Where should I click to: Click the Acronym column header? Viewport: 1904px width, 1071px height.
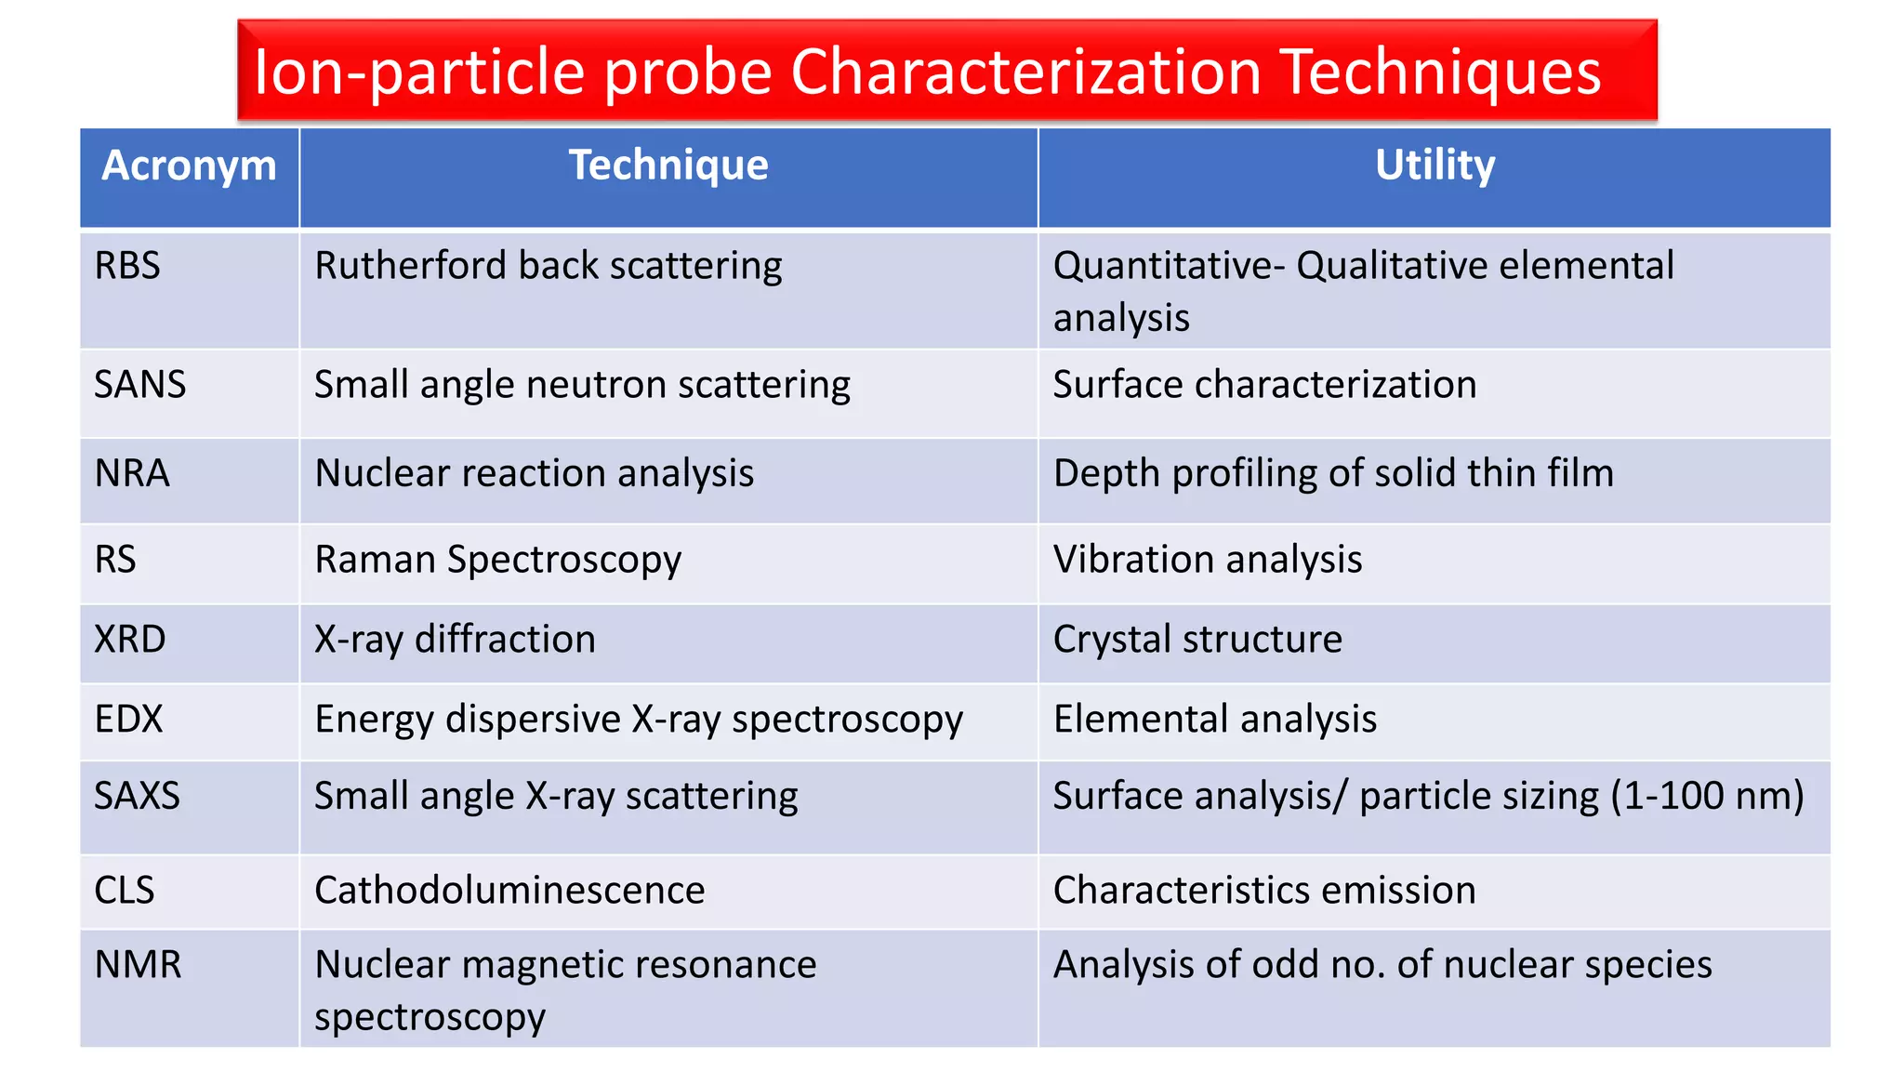[x=189, y=165]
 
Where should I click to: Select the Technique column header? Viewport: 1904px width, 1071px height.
[x=668, y=165]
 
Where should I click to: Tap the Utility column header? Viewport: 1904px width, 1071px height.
[x=1435, y=165]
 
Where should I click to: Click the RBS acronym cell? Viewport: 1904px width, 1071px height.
[x=127, y=266]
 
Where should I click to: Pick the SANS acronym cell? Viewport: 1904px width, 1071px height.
[x=140, y=385]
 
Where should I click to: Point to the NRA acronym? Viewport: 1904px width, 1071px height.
[x=132, y=473]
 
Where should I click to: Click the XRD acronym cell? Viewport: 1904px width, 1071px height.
[x=130, y=640]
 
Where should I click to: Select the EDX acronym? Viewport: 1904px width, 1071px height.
[x=128, y=720]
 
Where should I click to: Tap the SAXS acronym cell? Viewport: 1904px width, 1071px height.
[x=137, y=797]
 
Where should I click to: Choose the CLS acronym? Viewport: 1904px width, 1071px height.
[x=125, y=891]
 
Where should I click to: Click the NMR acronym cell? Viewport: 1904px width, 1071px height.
[x=138, y=965]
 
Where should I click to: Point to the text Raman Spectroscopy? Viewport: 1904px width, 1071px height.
[x=497, y=561]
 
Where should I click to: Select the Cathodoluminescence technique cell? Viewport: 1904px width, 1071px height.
[x=509, y=891]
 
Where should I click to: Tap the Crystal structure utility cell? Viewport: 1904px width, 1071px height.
[x=1197, y=640]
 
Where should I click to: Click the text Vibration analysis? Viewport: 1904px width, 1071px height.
[x=1208, y=560]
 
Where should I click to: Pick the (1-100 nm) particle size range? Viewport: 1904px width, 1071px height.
[x=1707, y=797]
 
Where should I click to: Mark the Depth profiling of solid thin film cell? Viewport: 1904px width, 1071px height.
[x=1333, y=473]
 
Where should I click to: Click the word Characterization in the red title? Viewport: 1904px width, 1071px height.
[x=1025, y=72]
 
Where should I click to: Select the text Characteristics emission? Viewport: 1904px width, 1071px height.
[x=1264, y=891]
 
